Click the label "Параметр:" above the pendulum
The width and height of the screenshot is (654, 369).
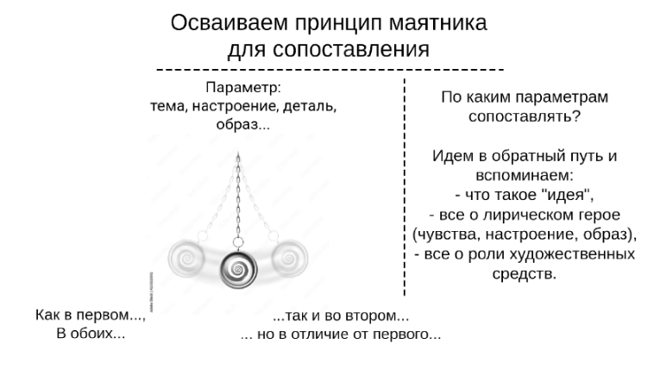tap(244, 88)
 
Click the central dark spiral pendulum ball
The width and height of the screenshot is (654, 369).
tap(236, 272)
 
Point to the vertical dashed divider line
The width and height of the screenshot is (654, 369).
tap(405, 190)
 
